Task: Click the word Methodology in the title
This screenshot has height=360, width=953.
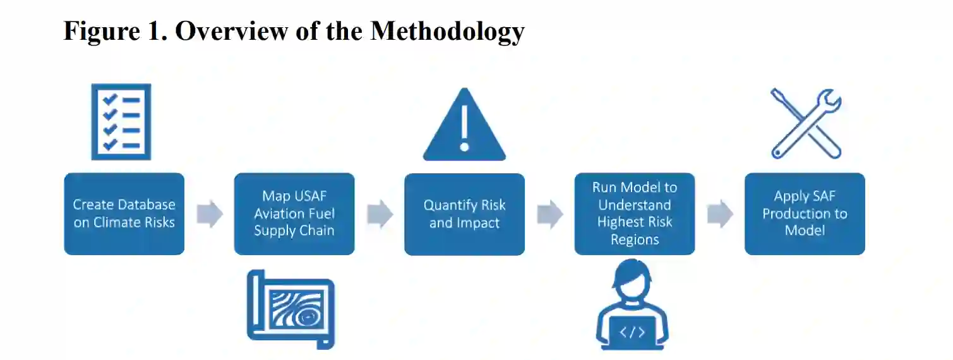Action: click(x=447, y=32)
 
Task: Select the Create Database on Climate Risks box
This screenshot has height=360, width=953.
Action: click(x=124, y=213)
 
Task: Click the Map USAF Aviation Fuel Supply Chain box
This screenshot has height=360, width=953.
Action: click(x=294, y=213)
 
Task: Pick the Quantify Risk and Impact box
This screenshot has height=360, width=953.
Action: click(x=464, y=213)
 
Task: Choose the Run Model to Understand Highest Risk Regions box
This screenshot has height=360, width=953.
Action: click(x=634, y=213)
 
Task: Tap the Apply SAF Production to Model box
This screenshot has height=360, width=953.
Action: click(x=805, y=213)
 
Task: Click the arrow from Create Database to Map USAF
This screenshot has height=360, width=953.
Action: click(x=210, y=214)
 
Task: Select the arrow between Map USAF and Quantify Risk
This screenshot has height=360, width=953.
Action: click(x=380, y=214)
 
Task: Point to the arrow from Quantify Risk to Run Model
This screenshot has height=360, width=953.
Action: click(x=549, y=214)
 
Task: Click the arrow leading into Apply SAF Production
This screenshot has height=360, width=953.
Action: click(x=719, y=214)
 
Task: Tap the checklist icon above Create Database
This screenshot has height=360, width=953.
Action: click(x=121, y=122)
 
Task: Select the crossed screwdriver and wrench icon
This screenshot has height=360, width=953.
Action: click(x=806, y=123)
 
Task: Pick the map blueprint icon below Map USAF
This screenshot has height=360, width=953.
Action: click(x=291, y=309)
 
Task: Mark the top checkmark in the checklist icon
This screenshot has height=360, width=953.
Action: click(x=111, y=100)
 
